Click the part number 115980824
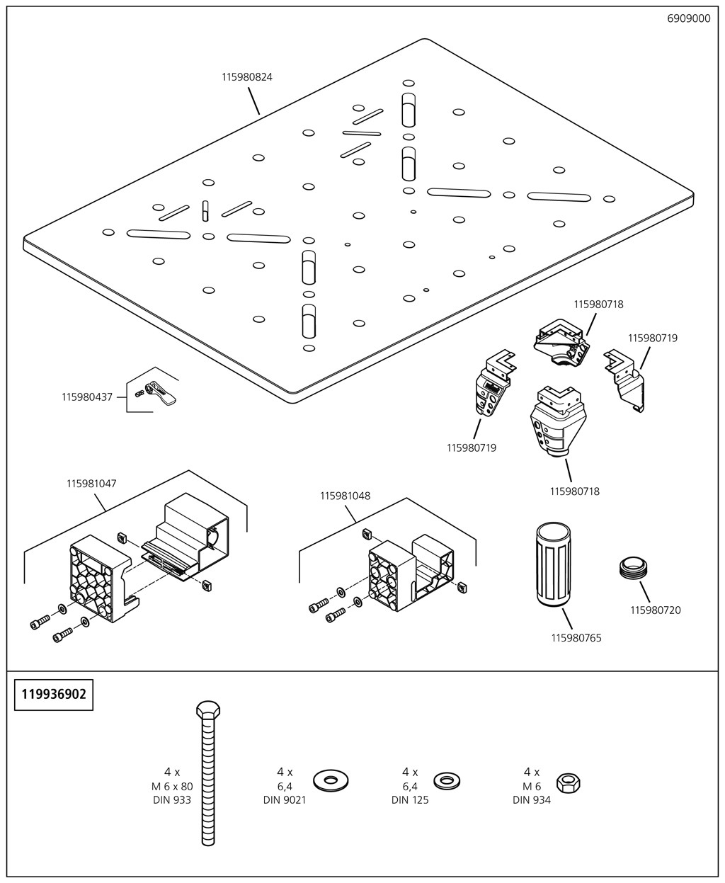[246, 77]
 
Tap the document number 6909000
[688, 19]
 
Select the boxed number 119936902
[54, 694]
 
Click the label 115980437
[86, 397]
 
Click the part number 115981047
[91, 484]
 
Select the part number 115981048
[345, 496]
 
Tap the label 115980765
[576, 638]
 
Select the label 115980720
[655, 610]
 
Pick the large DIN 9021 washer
[329, 781]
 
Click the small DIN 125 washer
[446, 781]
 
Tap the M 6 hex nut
[568, 782]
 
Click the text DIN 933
[172, 800]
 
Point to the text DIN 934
[531, 800]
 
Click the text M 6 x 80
[172, 787]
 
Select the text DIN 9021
[285, 800]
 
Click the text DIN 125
[410, 800]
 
